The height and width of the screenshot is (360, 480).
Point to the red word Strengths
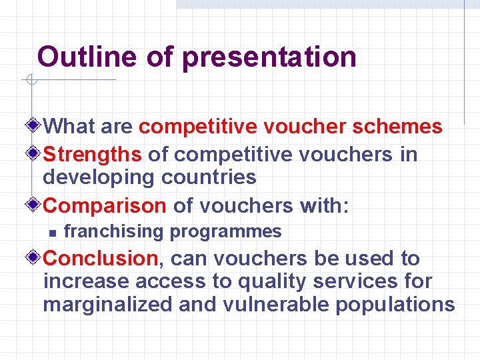tap(93, 155)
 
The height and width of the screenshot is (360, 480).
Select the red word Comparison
tap(105, 206)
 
